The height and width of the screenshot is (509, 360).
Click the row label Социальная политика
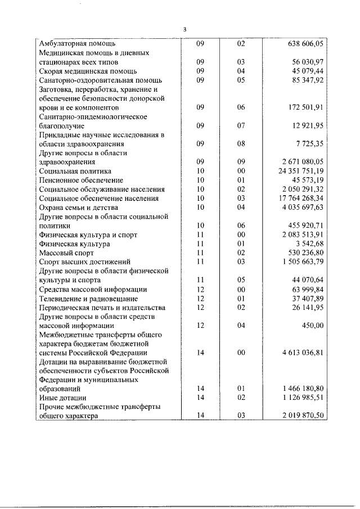75,171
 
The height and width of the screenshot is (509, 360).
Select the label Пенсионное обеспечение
81,180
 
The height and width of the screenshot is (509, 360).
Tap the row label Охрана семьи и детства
80,208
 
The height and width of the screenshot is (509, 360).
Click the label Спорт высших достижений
84,262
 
